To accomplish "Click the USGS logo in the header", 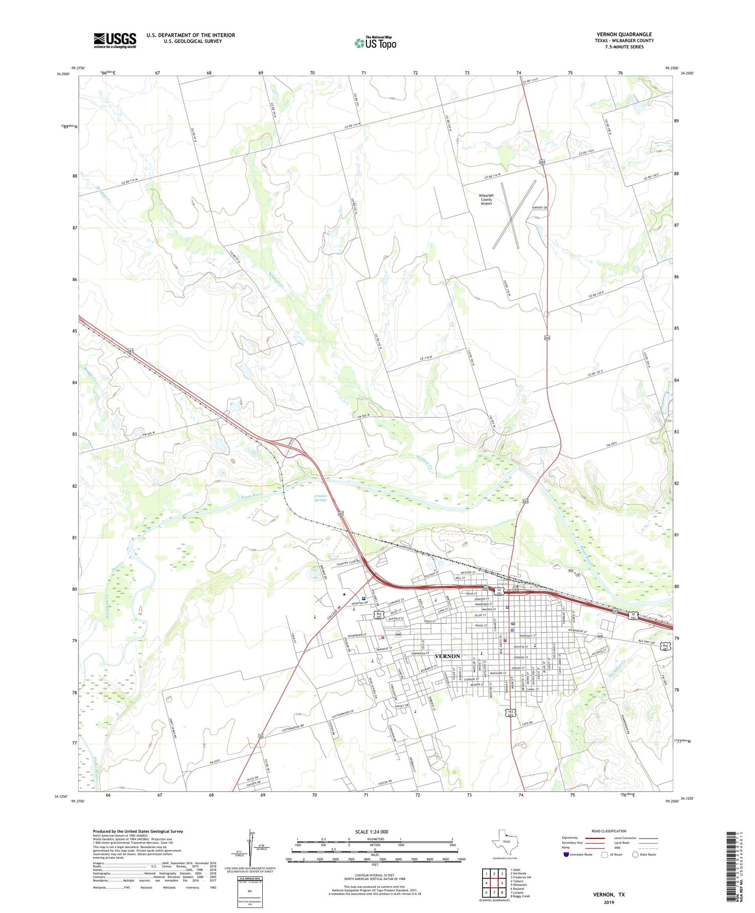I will pos(115,40).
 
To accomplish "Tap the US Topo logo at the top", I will pos(375,43).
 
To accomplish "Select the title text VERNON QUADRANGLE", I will pos(624,34).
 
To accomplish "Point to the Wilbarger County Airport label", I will pos(486,199).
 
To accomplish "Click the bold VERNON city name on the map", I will pos(447,656).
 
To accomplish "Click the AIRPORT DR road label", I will pos(539,207).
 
